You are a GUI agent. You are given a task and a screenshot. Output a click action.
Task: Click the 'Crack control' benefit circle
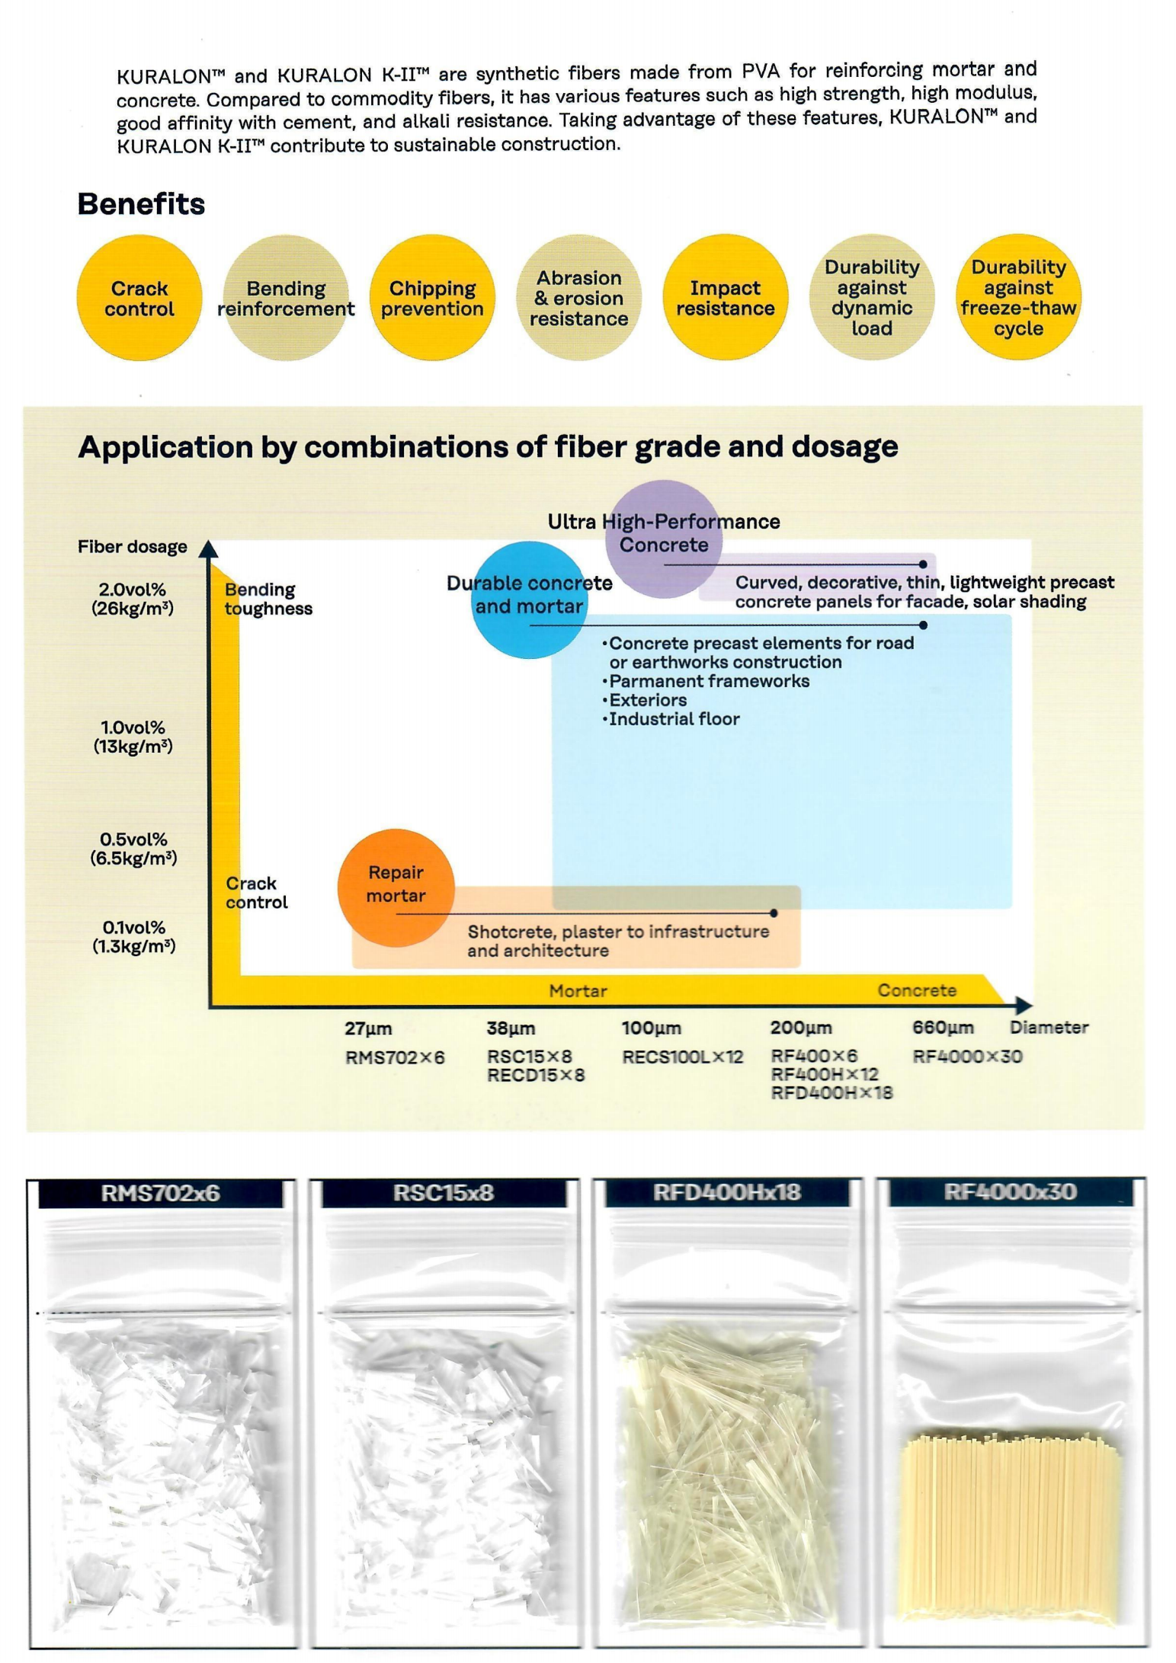pos(139,298)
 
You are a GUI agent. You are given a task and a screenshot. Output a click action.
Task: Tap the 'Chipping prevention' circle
pos(432,298)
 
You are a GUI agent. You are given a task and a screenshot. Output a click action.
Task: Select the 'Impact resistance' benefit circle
pos(725,298)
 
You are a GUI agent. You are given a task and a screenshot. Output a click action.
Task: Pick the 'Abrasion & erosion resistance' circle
pos(578,298)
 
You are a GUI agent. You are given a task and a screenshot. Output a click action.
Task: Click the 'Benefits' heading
pos(141,204)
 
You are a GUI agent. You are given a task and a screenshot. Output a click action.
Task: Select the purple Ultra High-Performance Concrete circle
pos(663,537)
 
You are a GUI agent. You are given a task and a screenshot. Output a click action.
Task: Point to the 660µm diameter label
pos(943,1028)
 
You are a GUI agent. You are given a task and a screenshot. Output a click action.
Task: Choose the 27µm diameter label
pos(368,1028)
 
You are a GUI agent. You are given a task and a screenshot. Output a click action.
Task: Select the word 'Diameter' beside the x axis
pos(1049,1027)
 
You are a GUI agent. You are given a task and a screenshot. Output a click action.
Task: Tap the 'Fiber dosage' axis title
pos(132,547)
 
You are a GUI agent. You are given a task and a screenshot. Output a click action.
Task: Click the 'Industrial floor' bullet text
pos(674,719)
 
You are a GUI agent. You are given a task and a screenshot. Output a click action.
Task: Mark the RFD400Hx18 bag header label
pos(726,1192)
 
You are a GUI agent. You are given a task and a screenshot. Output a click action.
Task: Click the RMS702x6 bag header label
pos(160,1193)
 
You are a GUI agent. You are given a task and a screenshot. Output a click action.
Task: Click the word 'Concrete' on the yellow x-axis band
pos(917,990)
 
